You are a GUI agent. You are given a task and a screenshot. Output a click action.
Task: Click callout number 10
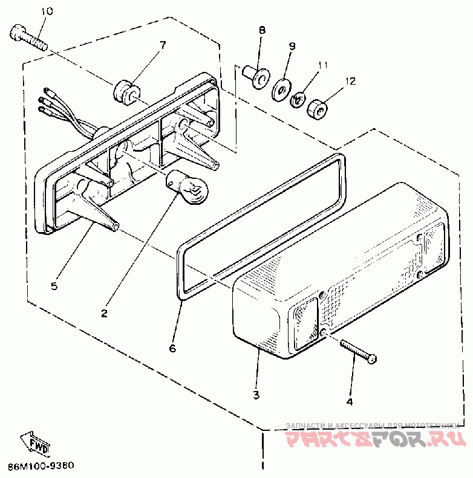click(47, 11)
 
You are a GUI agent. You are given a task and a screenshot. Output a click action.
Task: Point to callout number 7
click(161, 45)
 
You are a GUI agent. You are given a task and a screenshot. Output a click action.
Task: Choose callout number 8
click(262, 30)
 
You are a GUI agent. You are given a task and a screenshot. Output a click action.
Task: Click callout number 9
click(292, 45)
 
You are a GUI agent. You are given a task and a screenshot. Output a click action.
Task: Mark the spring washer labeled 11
click(298, 99)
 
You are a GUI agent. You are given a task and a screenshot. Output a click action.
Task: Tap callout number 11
click(322, 65)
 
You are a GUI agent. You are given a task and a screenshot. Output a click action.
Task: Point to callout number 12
click(351, 81)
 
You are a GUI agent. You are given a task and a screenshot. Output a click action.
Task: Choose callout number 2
click(104, 313)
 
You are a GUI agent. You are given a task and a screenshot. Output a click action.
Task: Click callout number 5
click(54, 286)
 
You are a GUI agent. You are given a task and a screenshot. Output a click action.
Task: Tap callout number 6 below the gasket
click(172, 349)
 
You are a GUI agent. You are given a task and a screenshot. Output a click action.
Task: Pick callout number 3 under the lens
click(256, 395)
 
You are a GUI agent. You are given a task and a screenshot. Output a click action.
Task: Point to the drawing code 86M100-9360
click(41, 467)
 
